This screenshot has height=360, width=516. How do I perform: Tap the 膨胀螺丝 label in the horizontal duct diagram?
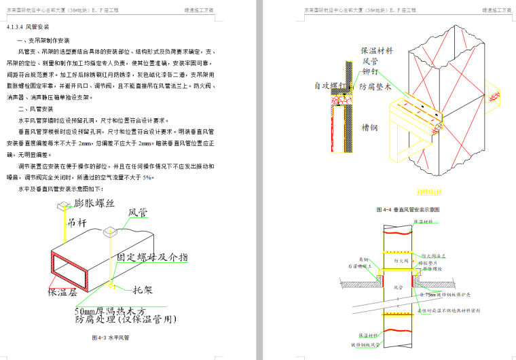(94, 203)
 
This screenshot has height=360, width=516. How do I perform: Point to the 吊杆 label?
(76, 221)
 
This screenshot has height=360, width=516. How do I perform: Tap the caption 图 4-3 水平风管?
(111, 337)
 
